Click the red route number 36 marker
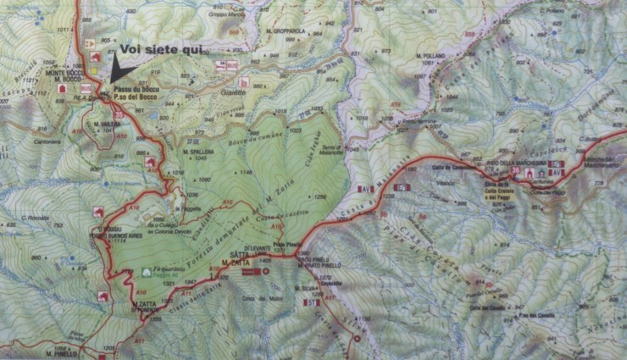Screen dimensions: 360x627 point(516,172)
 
